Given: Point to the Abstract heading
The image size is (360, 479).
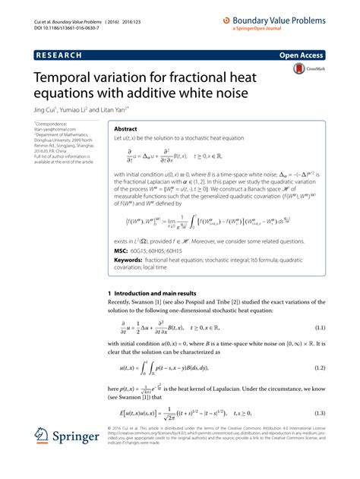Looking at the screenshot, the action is point(125,130).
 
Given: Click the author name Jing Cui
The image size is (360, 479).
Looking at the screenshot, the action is point(43,109).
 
